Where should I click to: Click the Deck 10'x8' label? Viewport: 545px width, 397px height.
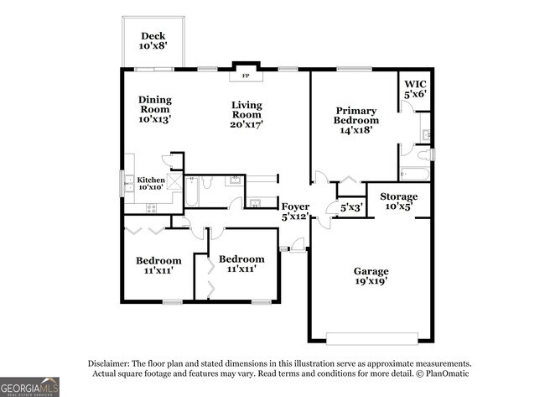(x=153, y=41)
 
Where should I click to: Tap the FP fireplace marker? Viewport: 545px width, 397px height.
(x=247, y=76)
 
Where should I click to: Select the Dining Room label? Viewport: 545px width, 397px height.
(x=154, y=109)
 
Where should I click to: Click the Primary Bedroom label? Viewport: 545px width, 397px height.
(x=356, y=120)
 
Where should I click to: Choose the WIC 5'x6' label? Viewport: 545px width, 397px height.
(x=415, y=89)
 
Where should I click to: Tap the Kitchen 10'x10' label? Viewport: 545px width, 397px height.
(x=151, y=183)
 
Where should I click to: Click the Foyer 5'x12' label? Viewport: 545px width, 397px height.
(x=295, y=211)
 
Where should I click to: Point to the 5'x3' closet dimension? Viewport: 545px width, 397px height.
(x=351, y=207)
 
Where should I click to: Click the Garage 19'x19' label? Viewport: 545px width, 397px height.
(x=371, y=276)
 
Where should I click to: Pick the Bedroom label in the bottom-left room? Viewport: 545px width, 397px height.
(x=158, y=265)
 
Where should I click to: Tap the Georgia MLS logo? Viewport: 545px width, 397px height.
(x=30, y=385)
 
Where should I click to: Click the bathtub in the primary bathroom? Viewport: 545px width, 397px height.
(x=415, y=175)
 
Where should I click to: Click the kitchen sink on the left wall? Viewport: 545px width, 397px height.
(x=126, y=184)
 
